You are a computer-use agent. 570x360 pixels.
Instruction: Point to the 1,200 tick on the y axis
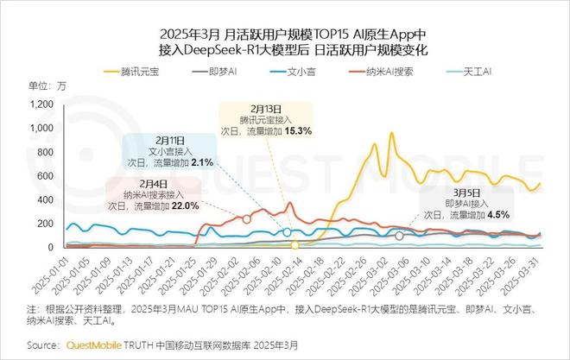coord(41,104)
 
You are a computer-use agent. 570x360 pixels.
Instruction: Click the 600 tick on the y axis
coord(45,176)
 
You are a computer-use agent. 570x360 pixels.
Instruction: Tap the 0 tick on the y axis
coord(51,248)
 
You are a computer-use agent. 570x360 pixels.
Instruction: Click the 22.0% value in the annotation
coord(186,205)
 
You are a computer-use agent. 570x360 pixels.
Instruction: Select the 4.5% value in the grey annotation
coord(498,214)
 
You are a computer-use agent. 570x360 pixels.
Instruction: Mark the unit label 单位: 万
coord(47,85)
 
